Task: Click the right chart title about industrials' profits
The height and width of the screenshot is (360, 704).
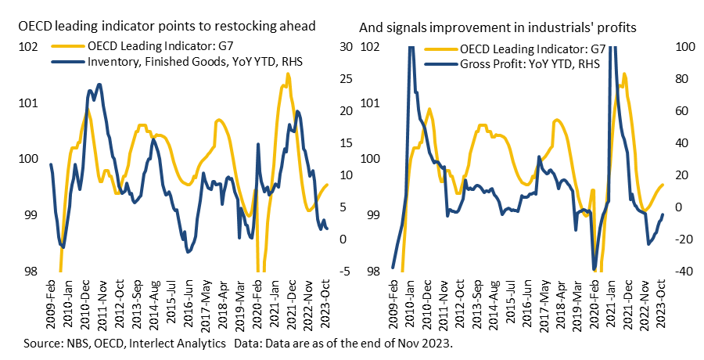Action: (x=497, y=27)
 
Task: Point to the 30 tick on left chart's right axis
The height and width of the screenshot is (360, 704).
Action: (x=346, y=47)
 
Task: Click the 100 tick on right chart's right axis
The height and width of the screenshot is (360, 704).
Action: (x=686, y=47)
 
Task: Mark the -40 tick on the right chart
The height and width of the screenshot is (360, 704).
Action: (x=686, y=272)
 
